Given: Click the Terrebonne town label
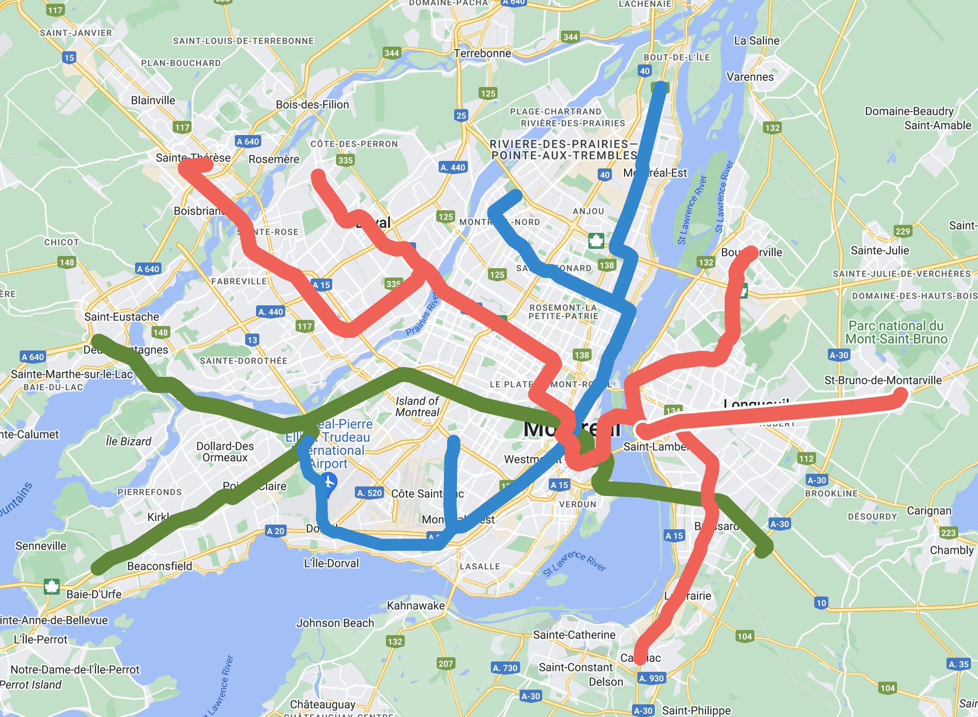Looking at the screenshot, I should [x=482, y=53].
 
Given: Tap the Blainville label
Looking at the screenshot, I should [x=153, y=100].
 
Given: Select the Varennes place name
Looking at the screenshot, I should [x=750, y=77].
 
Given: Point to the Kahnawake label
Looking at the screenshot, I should [x=415, y=605].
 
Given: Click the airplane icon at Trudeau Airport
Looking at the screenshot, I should [x=329, y=481].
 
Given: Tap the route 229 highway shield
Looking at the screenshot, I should [x=903, y=232].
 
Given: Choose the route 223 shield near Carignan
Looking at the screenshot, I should [x=948, y=533].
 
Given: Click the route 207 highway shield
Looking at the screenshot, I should [x=446, y=663].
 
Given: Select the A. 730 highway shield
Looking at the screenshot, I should [x=505, y=668].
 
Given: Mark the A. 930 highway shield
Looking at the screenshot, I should [x=651, y=678].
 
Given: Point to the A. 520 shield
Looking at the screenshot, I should [x=370, y=493].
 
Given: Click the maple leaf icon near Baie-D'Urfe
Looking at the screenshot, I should [x=51, y=586].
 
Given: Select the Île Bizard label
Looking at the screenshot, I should [x=128, y=441].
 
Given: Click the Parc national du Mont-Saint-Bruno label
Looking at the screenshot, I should [x=896, y=332].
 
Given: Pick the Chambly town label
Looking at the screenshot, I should [x=951, y=550].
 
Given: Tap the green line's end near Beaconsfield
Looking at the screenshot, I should [x=99, y=568].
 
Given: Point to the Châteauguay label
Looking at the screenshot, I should [x=323, y=705].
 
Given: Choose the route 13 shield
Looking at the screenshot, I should [x=252, y=340].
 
